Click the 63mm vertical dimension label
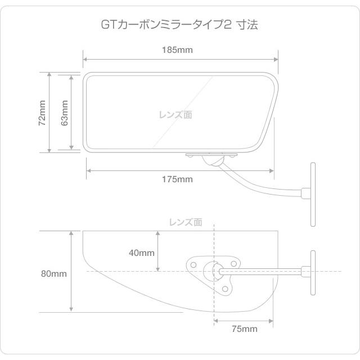[64, 112]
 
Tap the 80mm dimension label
[54, 274]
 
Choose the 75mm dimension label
[244, 328]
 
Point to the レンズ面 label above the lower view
[186, 222]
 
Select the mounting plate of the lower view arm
[311, 272]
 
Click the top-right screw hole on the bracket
[234, 263]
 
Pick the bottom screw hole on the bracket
[226, 289]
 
